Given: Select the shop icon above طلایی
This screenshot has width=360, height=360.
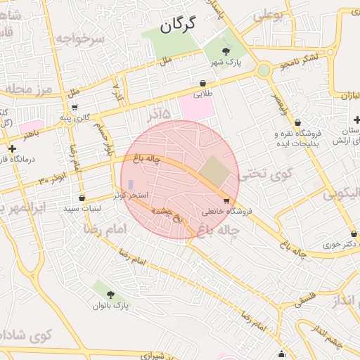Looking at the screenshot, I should (x=202, y=82).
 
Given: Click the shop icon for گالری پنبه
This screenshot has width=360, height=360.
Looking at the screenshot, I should (x=75, y=108).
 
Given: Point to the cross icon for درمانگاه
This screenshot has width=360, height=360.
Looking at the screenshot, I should (x=12, y=148).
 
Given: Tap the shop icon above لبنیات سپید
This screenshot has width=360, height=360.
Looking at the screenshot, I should (x=82, y=198).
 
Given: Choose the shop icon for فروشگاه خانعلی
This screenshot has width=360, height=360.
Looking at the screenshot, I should (x=226, y=201).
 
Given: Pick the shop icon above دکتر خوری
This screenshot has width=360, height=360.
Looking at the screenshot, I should (x=354, y=234).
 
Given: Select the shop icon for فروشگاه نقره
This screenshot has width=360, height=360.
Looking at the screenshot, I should (x=297, y=122).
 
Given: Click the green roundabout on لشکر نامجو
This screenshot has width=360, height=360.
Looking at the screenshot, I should (x=264, y=70).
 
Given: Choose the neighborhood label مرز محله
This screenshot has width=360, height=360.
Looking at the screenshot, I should (x=27, y=89).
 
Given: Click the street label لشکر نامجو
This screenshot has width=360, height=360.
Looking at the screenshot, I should (x=300, y=62).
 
